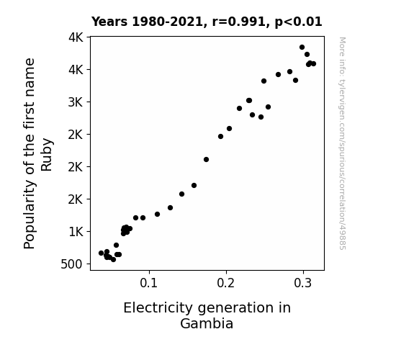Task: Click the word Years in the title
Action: click(109, 22)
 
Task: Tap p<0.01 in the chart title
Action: click(298, 22)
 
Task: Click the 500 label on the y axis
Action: click(72, 264)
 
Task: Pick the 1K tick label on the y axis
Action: click(76, 232)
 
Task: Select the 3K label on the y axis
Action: click(76, 102)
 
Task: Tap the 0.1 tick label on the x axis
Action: click(148, 283)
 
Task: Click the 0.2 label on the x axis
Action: click(226, 283)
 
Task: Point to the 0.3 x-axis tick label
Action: click(303, 283)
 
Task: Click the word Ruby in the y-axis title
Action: click(47, 155)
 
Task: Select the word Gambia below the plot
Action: click(207, 323)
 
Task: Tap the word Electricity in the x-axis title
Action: click(158, 308)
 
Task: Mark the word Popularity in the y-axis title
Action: click(30, 215)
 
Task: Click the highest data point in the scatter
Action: click(302, 48)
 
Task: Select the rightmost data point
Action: click(313, 63)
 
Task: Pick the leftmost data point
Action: click(101, 253)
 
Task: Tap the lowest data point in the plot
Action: click(113, 260)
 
